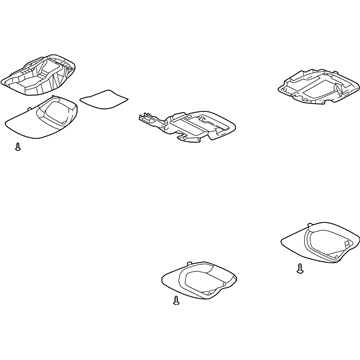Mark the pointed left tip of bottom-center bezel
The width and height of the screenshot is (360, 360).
tap(161, 277)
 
